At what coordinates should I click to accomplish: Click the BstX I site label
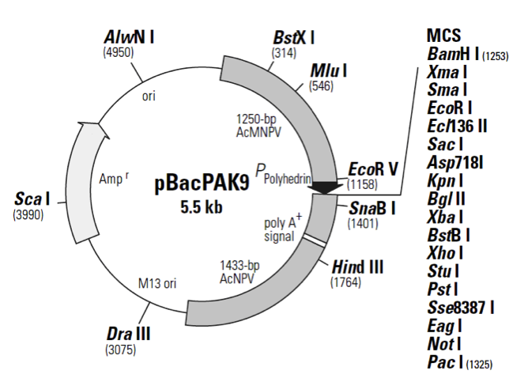coord(294,36)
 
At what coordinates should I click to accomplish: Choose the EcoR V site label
coord(372,170)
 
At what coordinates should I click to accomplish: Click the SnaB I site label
coord(372,209)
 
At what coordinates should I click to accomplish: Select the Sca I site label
coord(32,197)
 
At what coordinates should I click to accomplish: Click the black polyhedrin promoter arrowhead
coord(323,187)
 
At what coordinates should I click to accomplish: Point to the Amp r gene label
coord(115,179)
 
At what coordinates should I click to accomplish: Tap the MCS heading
coord(443,36)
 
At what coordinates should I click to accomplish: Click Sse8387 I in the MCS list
coord(460,305)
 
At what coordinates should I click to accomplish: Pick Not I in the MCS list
coord(443,343)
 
